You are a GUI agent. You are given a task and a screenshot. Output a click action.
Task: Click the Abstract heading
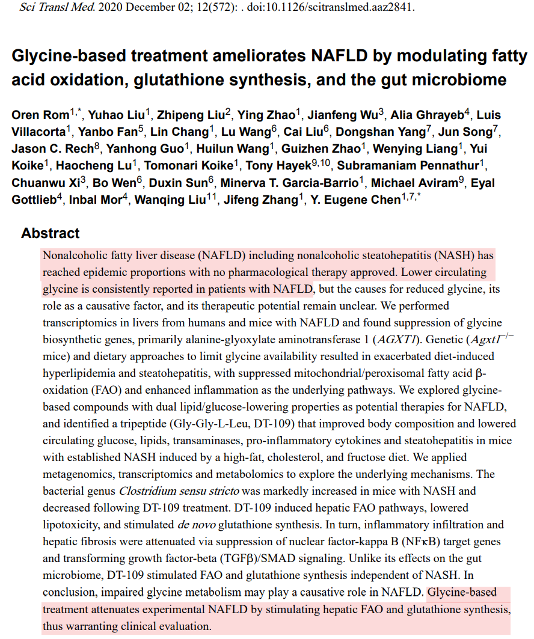click(x=51, y=233)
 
